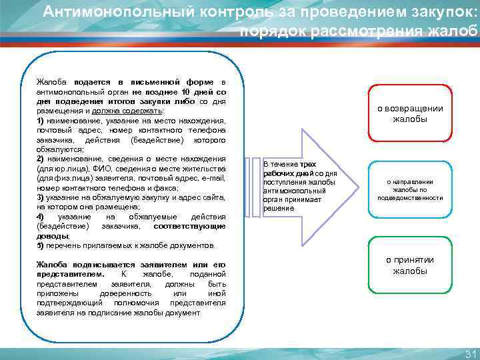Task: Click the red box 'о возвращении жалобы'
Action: (410, 114)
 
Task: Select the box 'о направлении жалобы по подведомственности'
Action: (410, 189)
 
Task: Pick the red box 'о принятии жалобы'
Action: (410, 265)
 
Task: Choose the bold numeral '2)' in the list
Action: (41, 159)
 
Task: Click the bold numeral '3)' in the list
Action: (41, 198)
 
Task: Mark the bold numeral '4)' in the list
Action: (41, 217)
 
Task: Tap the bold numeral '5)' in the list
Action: (41, 245)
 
